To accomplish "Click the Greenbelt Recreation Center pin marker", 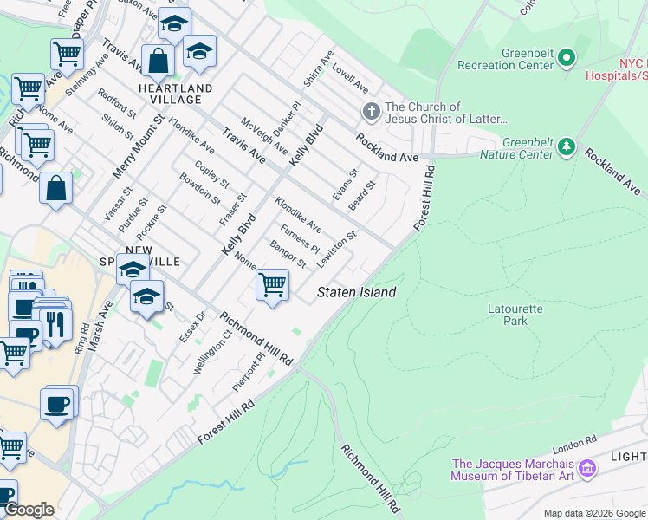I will click(x=567, y=58).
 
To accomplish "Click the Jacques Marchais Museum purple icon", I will click(x=588, y=469).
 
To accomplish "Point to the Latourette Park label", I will click(x=515, y=314).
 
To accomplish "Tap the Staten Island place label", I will click(x=356, y=292).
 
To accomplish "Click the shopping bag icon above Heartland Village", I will click(x=158, y=62).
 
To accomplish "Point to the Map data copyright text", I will click(x=594, y=513).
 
